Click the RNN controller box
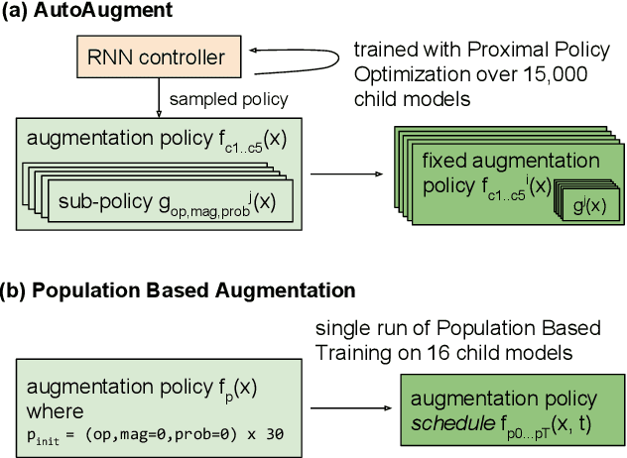tap(157, 58)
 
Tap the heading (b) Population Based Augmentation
tap(180, 291)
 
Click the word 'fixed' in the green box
tap(445, 161)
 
